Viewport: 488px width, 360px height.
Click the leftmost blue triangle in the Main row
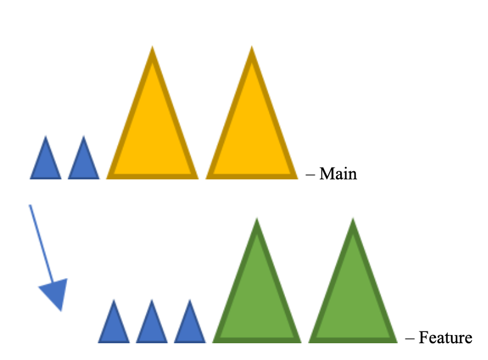coord(45,163)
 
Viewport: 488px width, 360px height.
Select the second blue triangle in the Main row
coord(83,163)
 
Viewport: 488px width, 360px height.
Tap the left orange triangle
coord(152,133)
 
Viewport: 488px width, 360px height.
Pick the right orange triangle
coord(251,133)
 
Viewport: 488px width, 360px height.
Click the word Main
coord(338,174)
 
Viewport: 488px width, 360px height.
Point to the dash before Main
coord(310,174)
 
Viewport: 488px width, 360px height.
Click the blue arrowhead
coord(55,292)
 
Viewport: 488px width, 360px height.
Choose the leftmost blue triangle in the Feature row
coord(114,326)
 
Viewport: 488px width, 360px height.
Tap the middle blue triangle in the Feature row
coord(151,326)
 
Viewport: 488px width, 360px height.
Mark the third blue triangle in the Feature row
coord(189,326)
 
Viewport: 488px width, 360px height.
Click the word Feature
coord(445,338)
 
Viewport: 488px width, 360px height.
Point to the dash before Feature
coord(410,339)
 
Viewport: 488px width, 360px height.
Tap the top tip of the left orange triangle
coord(152,48)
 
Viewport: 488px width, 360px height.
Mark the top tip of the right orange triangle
coord(251,48)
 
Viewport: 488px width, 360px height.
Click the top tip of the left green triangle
coord(256,220)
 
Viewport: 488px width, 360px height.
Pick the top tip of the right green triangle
coord(353,220)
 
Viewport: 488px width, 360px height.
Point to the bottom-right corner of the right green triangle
coord(395,341)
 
